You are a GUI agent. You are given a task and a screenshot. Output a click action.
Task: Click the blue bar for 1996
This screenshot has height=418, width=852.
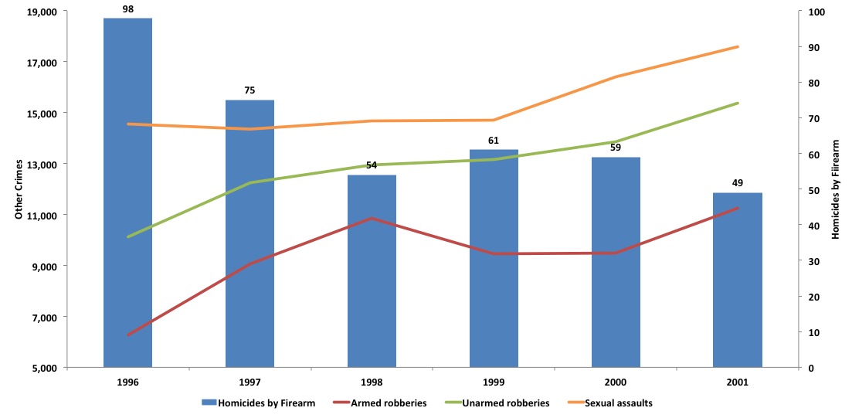[x=127, y=192]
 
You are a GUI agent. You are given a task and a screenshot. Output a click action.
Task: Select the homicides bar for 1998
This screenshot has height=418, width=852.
[x=372, y=270]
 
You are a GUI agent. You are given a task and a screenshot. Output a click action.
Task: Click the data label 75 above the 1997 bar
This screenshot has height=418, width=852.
[x=249, y=90]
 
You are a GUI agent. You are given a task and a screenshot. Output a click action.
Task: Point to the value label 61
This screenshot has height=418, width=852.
[x=494, y=140]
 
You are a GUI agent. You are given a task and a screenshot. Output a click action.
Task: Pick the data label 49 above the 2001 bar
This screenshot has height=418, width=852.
[x=737, y=183]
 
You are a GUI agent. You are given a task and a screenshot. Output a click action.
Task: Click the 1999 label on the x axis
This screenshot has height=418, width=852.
[x=494, y=382]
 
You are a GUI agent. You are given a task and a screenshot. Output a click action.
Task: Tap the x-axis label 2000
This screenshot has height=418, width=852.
[x=616, y=382]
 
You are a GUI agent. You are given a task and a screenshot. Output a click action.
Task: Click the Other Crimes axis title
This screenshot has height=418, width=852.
[x=19, y=190]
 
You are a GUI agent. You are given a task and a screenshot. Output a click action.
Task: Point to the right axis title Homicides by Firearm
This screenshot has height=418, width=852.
[x=835, y=190]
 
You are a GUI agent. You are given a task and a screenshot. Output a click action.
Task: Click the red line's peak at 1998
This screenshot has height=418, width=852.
[x=372, y=219]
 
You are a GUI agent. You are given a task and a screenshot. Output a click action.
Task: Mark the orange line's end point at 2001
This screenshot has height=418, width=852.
[x=738, y=47]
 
